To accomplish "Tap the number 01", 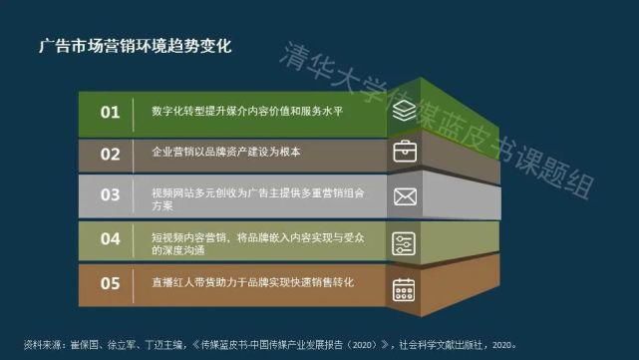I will [x=110, y=113].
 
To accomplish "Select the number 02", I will [x=110, y=154].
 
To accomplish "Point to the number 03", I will [x=110, y=195].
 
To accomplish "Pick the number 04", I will [x=110, y=239].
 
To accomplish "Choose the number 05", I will [x=110, y=283].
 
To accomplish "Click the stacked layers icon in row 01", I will [x=404, y=113].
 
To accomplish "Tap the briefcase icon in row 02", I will [x=404, y=153].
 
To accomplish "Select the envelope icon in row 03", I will [x=404, y=196].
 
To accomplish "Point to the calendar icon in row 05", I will [x=404, y=289].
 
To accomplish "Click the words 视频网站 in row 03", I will [x=169, y=188].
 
